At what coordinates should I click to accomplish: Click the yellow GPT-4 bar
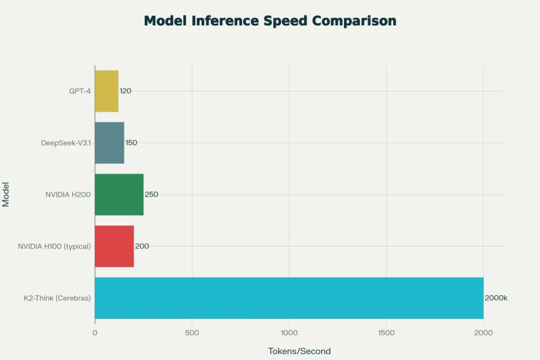[107, 91]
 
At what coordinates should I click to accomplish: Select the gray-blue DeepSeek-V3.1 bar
[110, 142]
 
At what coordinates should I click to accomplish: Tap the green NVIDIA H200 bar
[119, 194]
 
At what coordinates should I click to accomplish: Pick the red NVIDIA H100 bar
[114, 246]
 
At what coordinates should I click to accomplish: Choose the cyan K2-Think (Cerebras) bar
[289, 298]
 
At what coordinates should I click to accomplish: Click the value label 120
[126, 91]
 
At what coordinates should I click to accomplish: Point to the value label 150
[131, 142]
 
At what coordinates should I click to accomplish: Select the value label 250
[151, 194]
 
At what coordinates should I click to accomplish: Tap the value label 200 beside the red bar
[142, 246]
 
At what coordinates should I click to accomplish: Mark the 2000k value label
[496, 298]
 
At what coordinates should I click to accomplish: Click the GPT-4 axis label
[80, 91]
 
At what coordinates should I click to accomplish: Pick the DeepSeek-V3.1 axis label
[66, 142]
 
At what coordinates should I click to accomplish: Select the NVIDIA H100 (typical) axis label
[54, 246]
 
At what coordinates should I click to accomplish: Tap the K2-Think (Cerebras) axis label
[57, 298]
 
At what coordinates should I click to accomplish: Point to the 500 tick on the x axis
[192, 333]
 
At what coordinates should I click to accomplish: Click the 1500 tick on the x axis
[387, 333]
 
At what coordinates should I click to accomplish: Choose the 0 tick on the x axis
[95, 333]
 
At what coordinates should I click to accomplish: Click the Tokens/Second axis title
[299, 351]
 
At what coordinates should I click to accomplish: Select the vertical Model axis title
[6, 194]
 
